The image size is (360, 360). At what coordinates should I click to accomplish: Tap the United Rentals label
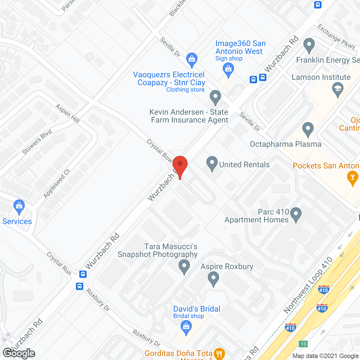click(244, 165)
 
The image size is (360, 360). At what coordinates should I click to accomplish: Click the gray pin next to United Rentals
click(212, 163)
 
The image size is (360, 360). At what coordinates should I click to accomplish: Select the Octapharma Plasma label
click(285, 144)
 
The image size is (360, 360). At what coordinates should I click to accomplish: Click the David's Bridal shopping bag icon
click(186, 327)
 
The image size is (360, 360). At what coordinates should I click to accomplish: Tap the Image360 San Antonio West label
click(240, 47)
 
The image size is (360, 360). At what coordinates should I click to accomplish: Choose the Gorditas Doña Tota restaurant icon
click(219, 354)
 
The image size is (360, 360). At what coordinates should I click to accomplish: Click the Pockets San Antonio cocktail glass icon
click(352, 178)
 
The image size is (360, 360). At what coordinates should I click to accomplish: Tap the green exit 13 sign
click(303, 344)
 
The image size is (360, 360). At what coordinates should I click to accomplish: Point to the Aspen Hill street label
click(68, 113)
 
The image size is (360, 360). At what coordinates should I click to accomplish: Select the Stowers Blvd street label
click(37, 142)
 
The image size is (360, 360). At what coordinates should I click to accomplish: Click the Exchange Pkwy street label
click(336, 37)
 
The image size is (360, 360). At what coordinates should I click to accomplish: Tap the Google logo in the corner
click(19, 353)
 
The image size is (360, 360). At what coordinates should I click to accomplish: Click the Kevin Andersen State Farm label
click(189, 116)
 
